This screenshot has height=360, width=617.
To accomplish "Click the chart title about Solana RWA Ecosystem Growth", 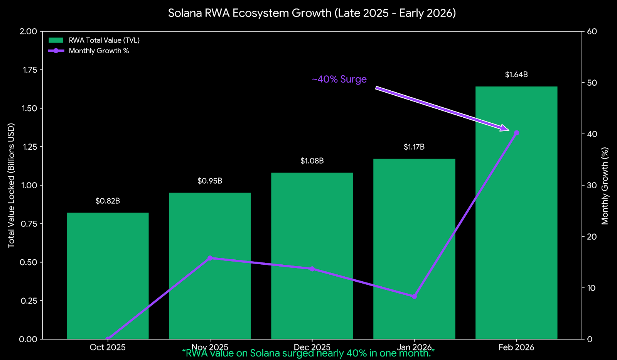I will pyautogui.click(x=312, y=13).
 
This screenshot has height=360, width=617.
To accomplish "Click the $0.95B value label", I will pyautogui.click(x=210, y=181).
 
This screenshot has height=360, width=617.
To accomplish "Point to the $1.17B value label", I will pyautogui.click(x=414, y=147).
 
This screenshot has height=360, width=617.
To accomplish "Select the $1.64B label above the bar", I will pyautogui.click(x=516, y=75).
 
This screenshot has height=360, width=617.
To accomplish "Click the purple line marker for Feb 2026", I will pyautogui.click(x=516, y=133).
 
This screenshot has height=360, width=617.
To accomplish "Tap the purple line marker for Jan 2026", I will pyautogui.click(x=414, y=296).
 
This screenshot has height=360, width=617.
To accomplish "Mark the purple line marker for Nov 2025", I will pyautogui.click(x=210, y=258).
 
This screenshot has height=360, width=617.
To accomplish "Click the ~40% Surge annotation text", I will pyautogui.click(x=339, y=79).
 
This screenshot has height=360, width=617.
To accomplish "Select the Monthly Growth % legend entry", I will pyautogui.click(x=99, y=51).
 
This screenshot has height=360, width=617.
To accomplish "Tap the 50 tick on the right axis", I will pyautogui.click(x=592, y=83).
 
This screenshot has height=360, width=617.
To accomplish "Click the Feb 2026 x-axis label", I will pyautogui.click(x=516, y=347).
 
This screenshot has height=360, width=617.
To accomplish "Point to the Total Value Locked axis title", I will pyautogui.click(x=11, y=185).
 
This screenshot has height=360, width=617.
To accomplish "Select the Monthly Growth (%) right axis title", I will pyautogui.click(x=605, y=185).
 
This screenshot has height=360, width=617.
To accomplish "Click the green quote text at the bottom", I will pyautogui.click(x=308, y=353).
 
